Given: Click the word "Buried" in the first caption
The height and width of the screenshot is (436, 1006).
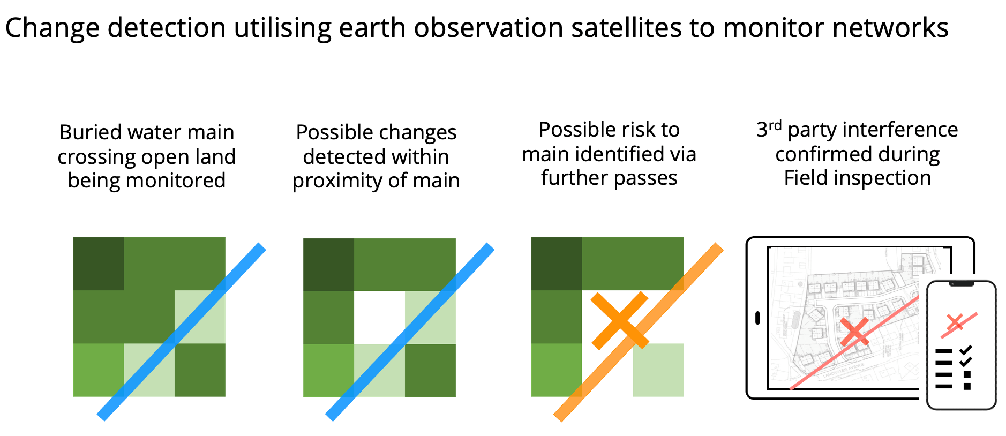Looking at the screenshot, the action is pyautogui.click(x=89, y=132).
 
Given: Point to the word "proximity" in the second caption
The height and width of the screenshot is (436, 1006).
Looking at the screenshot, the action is pyautogui.click(x=336, y=181).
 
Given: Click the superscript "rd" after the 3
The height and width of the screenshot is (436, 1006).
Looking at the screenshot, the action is pyautogui.click(x=775, y=125).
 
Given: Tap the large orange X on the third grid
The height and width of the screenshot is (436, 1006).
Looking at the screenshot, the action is pyautogui.click(x=620, y=320).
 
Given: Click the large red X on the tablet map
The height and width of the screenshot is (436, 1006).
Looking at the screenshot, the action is pyautogui.click(x=854, y=332).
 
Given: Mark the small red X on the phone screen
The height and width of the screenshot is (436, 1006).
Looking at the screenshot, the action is pyautogui.click(x=955, y=322).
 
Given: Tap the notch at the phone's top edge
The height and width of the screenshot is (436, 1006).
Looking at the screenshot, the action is pyautogui.click(x=961, y=284).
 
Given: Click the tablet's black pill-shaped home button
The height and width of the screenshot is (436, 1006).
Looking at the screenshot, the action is pyautogui.click(x=757, y=318).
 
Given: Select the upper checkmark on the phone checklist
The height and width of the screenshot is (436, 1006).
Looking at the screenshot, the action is pyautogui.click(x=966, y=350).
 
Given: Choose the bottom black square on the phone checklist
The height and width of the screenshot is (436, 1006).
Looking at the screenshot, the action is pyautogui.click(x=967, y=386).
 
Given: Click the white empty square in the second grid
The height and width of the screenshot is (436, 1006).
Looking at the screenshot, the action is pyautogui.click(x=379, y=317).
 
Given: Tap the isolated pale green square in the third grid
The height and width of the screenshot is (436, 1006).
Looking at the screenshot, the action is pyautogui.click(x=658, y=370).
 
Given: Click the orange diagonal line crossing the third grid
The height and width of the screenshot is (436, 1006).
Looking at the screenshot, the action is pyautogui.click(x=639, y=332).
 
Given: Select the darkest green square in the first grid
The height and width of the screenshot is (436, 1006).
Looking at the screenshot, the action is pyautogui.click(x=99, y=264).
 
